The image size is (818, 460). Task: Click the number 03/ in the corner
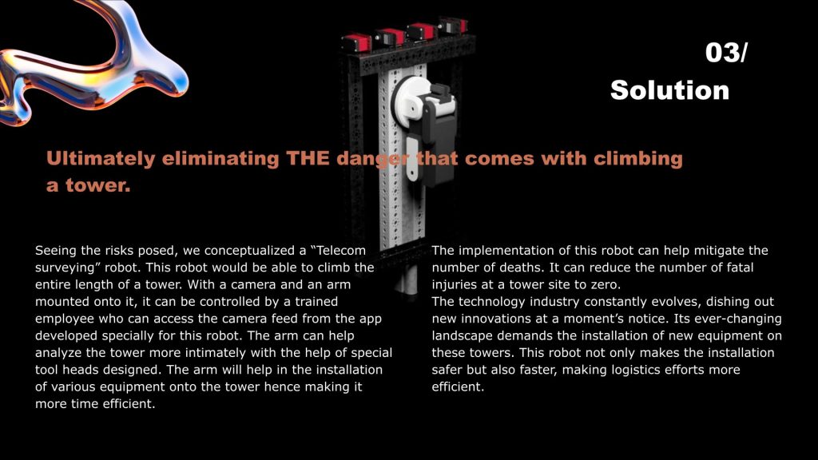tap(726, 53)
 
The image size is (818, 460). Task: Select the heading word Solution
tap(670, 90)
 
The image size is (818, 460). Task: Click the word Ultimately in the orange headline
tap(101, 159)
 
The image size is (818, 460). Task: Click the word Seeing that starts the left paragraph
tap(56, 251)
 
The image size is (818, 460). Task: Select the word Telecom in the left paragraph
tap(340, 250)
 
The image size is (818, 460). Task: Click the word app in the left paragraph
tap(371, 319)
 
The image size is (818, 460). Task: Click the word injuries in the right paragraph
tap(454, 285)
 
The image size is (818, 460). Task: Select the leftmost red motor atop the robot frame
tap(356, 42)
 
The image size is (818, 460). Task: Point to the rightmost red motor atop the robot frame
tap(453, 25)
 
